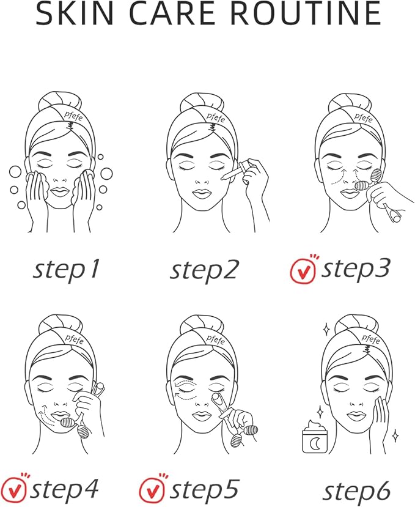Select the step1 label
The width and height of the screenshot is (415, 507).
(66, 270)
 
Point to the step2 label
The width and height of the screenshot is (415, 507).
(204, 271)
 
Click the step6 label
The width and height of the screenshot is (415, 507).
(356, 492)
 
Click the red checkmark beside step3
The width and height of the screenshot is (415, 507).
(303, 271)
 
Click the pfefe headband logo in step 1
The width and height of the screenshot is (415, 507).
(73, 116)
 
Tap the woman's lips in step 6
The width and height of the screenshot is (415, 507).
(356, 416)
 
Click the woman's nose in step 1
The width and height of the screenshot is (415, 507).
(59, 179)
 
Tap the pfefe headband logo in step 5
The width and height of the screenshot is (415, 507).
(215, 340)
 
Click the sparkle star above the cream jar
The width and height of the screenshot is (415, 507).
(320, 412)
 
